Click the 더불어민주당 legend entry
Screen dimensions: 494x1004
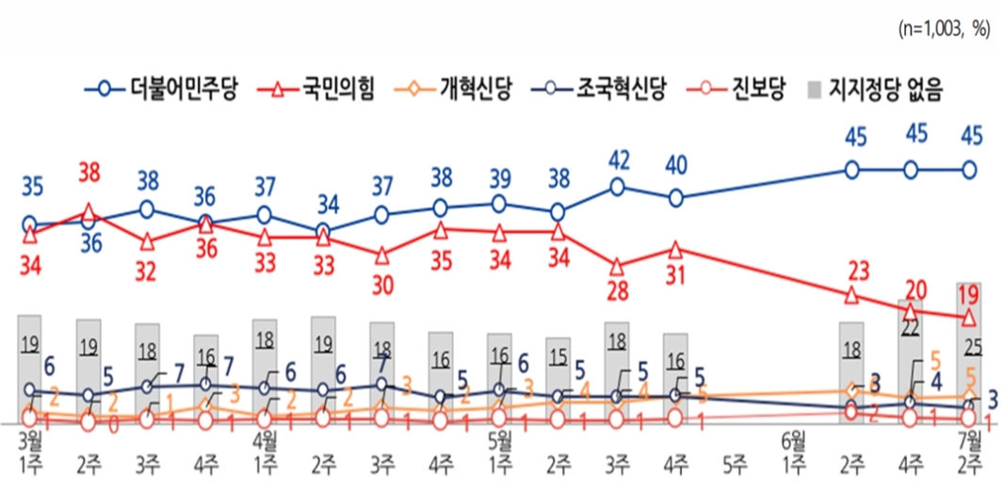click(160, 91)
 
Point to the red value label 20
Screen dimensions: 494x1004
click(912, 288)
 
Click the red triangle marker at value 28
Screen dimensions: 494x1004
click(617, 266)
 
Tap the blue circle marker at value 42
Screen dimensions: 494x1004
click(617, 187)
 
